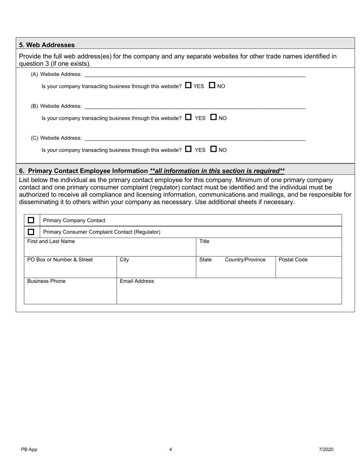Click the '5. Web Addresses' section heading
click(47, 45)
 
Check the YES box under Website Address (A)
click(188, 86)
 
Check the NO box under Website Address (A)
click(212, 86)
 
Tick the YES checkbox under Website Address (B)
click(188, 117)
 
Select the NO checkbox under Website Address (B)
click(213, 117)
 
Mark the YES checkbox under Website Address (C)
click(188, 149)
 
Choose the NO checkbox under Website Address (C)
click(213, 149)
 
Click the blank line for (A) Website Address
click(195, 74)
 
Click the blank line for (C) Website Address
click(195, 138)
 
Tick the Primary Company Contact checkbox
click(31, 220)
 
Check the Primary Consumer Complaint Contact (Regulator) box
click(31, 232)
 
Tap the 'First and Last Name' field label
click(51, 241)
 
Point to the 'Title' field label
click(204, 241)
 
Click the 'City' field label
click(124, 260)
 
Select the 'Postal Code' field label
click(293, 260)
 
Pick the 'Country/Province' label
click(245, 260)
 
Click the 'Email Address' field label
click(137, 281)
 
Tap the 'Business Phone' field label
click(46, 281)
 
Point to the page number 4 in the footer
click(171, 450)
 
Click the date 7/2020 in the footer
click(326, 450)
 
